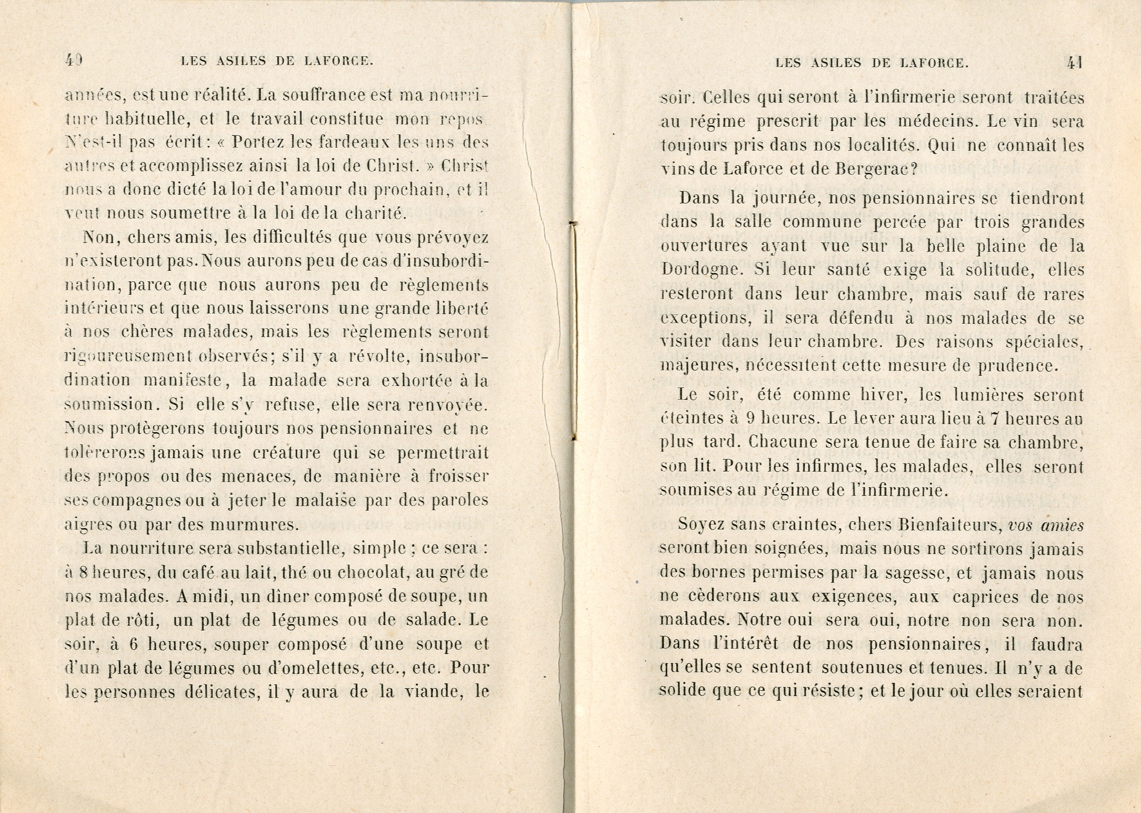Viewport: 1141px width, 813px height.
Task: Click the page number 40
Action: pos(74,61)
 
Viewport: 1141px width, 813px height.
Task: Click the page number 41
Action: pos(1075,62)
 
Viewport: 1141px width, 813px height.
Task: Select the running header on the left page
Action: pos(277,62)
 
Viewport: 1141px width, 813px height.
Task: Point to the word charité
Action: pos(371,214)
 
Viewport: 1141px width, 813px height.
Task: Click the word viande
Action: pos(432,692)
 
